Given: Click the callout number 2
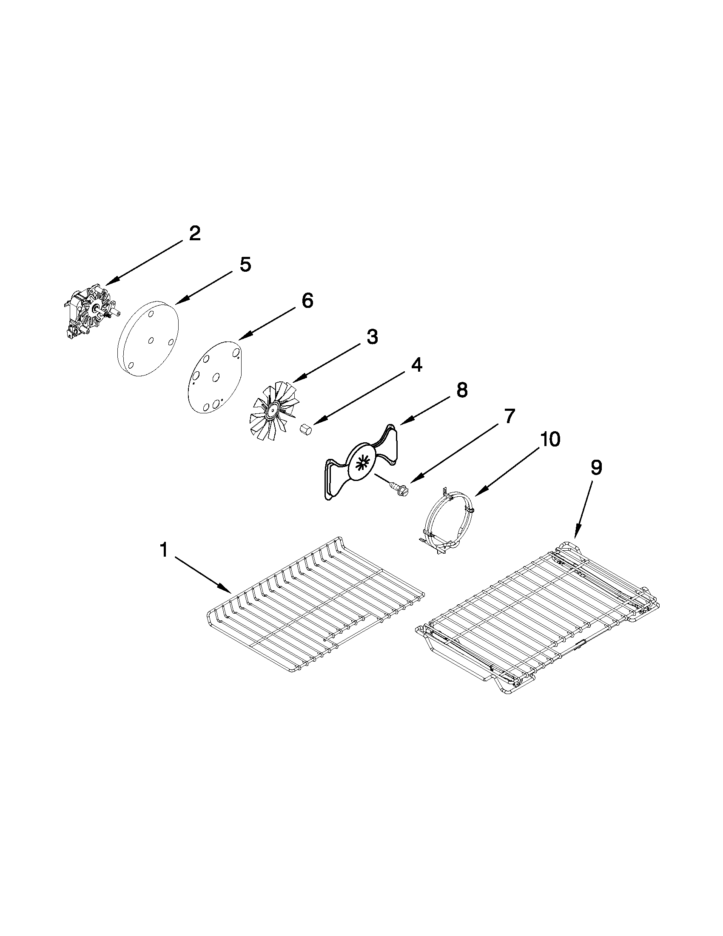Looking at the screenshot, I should coord(194,233).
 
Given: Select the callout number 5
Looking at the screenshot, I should coord(245,265).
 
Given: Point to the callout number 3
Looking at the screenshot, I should coord(372,337).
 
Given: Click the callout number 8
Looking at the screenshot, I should coord(461,390).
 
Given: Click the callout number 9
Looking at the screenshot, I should coord(596,468).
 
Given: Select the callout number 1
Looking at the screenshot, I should coord(163,549).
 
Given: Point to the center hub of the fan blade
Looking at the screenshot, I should coord(271,413).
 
